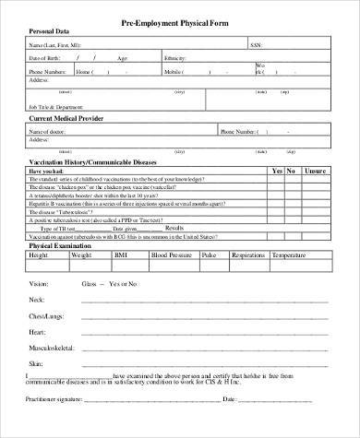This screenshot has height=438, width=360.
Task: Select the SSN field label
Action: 254,43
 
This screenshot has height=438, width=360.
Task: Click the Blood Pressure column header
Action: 173,255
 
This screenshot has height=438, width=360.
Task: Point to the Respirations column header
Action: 262,255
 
